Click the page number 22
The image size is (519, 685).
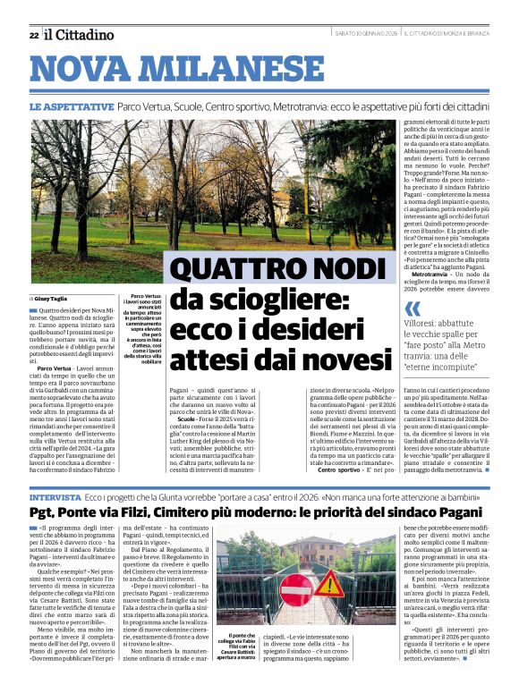[33, 35]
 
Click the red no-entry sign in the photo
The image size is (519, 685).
[296, 590]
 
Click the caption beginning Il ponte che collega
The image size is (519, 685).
[238, 636]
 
